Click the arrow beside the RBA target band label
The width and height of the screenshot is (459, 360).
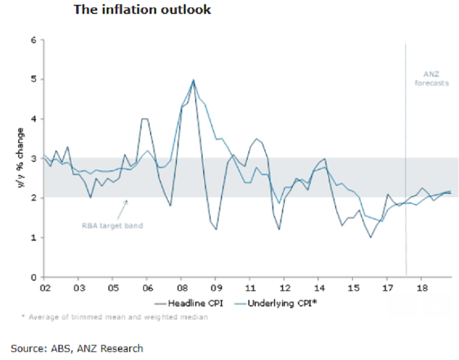[x=123, y=206]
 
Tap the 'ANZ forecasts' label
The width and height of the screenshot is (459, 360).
[x=431, y=79]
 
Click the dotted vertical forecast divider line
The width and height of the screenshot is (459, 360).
[x=406, y=161]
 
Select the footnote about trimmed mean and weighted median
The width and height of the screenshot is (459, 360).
[x=115, y=317]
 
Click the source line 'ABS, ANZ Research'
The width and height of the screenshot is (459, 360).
[x=77, y=349]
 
